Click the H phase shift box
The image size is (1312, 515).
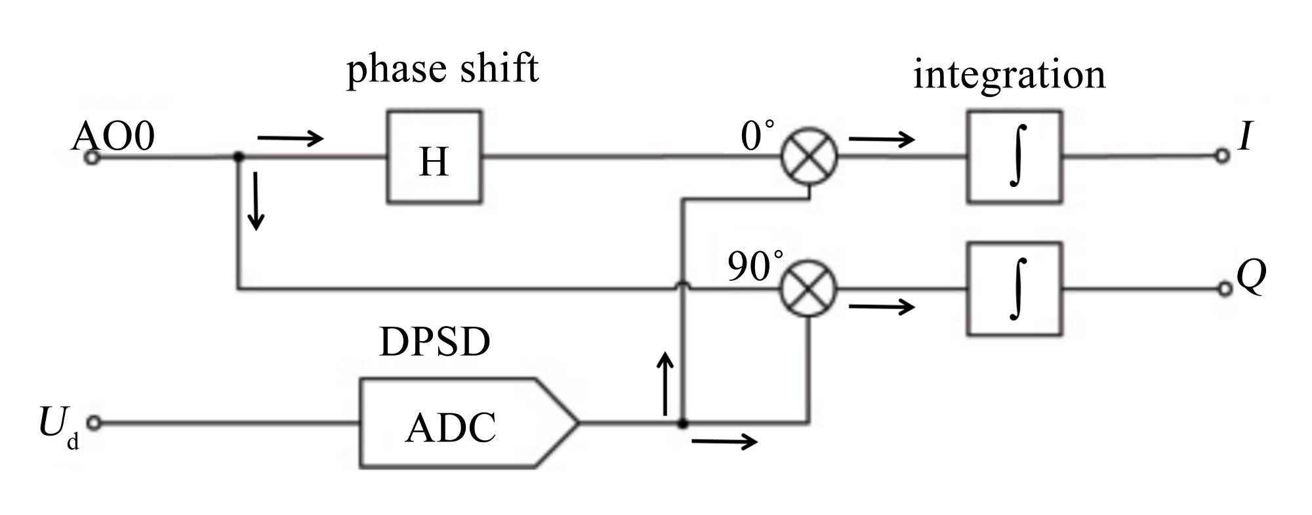coord(434,157)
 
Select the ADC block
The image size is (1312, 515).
coord(459,423)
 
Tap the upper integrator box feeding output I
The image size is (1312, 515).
coord(1014,157)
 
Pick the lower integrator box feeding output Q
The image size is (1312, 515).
coord(1014,289)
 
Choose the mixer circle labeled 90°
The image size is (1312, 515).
coord(809,289)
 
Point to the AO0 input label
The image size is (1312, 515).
coord(113,136)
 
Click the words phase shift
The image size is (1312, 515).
coord(442,68)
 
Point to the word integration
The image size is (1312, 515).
coord(1009,74)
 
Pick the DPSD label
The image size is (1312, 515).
coord(434,341)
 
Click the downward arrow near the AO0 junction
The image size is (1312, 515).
coord(256,201)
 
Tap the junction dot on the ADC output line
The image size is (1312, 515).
coord(682,424)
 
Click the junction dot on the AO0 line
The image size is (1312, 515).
coord(238,157)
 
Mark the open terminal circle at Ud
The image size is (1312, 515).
coord(94,423)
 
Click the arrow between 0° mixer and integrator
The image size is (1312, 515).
coord(881,139)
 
